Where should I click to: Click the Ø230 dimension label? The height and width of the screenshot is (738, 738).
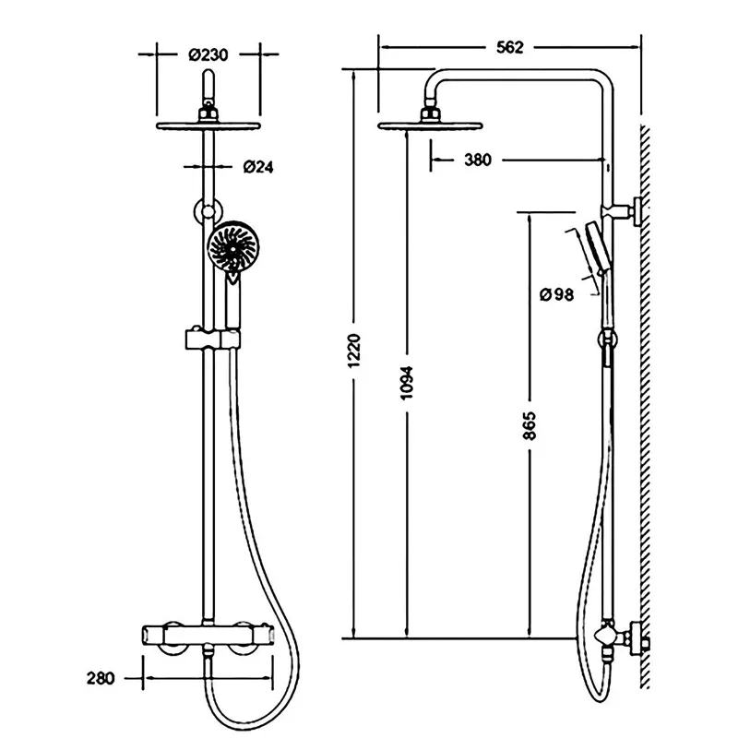208,54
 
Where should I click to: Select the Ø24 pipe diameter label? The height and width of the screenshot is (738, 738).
258,167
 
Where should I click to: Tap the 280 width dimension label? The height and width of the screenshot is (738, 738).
101,678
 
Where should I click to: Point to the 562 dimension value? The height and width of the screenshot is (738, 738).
510,47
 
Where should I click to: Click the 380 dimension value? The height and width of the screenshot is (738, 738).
478,160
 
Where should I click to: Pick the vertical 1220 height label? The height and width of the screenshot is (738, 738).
354,351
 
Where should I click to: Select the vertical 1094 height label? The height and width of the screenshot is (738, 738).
406,383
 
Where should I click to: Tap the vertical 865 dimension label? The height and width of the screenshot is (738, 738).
530,426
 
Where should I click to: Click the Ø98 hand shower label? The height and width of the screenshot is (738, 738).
557,294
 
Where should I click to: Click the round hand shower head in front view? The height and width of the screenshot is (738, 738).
232,246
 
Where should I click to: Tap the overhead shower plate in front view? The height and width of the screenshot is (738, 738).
208,125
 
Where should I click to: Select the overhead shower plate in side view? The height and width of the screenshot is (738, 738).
430,125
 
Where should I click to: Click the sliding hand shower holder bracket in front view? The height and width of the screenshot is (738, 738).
213,339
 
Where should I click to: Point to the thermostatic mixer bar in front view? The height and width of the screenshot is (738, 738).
208,635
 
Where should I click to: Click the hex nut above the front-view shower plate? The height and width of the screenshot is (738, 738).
208,114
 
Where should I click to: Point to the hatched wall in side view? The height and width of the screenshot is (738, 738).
645,407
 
